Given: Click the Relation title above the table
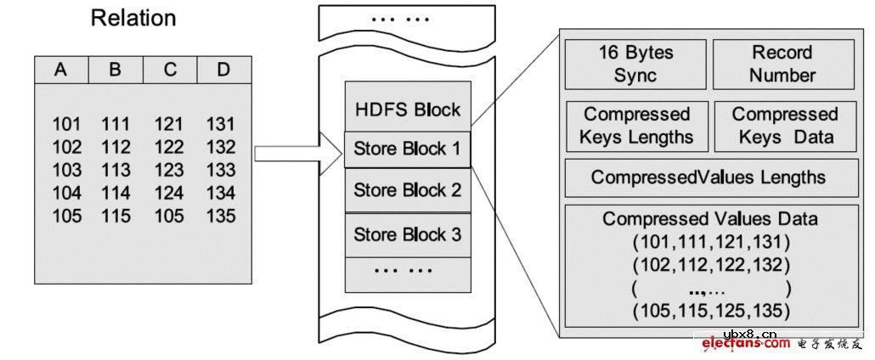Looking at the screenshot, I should [133, 19].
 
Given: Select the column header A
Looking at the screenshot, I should [61, 70].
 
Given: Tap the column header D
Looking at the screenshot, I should [223, 70].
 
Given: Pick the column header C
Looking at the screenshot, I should [170, 70].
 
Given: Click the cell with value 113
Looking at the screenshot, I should [116, 170].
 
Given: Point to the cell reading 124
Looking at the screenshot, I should [169, 193].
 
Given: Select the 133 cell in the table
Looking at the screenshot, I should [221, 170].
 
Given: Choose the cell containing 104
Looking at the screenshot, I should [66, 193].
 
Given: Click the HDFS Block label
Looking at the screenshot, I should [407, 110].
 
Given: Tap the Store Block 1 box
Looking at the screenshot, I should [407, 150].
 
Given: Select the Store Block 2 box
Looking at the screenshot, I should [407, 190].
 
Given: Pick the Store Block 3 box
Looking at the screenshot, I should [407, 234].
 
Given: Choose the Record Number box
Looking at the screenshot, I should [782, 64].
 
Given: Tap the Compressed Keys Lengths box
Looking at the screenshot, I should [637, 126].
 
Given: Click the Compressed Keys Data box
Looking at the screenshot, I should [785, 126].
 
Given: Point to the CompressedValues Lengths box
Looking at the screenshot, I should [708, 177].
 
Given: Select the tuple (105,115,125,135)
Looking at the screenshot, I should [711, 309].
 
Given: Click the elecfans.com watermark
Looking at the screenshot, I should [746, 344].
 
